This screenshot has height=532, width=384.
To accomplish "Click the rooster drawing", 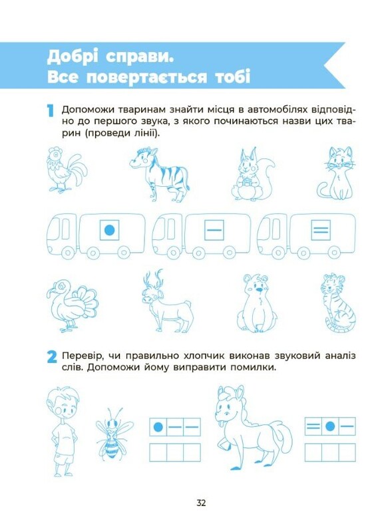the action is point(65,170).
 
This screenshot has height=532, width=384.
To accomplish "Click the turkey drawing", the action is point(71,305).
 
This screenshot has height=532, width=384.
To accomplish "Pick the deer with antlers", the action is point(167,301).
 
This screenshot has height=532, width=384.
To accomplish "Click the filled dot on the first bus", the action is point(109,230).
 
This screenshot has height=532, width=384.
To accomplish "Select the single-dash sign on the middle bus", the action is point(214,230).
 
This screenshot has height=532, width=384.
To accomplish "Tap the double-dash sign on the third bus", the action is point(321,230).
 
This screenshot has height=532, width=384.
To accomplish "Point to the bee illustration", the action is point(114,434).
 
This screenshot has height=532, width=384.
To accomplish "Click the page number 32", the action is point(201,503).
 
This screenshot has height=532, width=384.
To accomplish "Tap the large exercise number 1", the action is point(50,111).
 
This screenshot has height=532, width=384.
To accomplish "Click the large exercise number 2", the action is point(52,357).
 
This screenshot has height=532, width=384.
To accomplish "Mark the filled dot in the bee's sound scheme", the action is point(158,426).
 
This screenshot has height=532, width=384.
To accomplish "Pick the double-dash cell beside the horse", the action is point(313,426).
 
